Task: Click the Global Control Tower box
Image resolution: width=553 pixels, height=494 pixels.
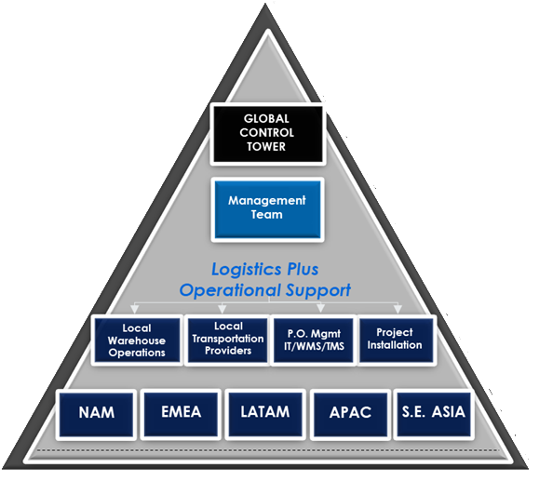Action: (x=267, y=134)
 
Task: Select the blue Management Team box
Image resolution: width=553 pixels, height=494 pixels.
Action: (x=267, y=207)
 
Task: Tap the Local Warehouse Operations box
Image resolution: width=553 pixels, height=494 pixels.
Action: (x=137, y=340)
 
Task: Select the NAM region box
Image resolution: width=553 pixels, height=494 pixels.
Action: (x=98, y=412)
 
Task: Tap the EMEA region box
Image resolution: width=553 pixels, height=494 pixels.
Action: (x=180, y=412)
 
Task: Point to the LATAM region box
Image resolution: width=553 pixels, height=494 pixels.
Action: (x=263, y=412)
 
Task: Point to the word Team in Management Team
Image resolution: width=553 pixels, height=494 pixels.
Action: (x=267, y=214)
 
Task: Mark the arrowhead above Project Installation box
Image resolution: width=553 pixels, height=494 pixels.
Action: (x=398, y=309)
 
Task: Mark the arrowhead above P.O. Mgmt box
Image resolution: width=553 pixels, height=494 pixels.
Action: (x=320, y=309)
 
